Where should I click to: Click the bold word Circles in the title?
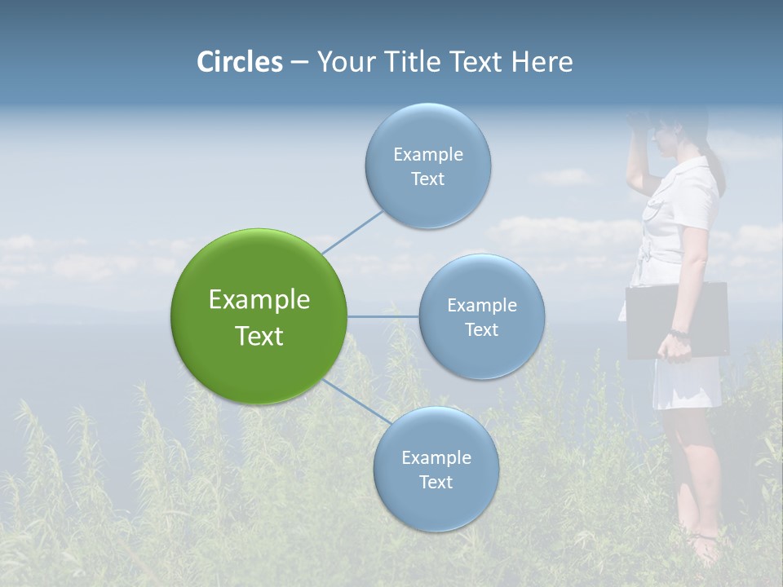coord(240,62)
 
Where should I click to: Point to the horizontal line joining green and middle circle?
coord(383,316)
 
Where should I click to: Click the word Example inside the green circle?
coord(259,300)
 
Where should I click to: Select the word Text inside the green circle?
coord(259,336)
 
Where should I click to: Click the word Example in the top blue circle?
coord(427,155)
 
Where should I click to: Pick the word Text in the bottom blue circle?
coord(436,483)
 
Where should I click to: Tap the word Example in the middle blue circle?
coord(481,306)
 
